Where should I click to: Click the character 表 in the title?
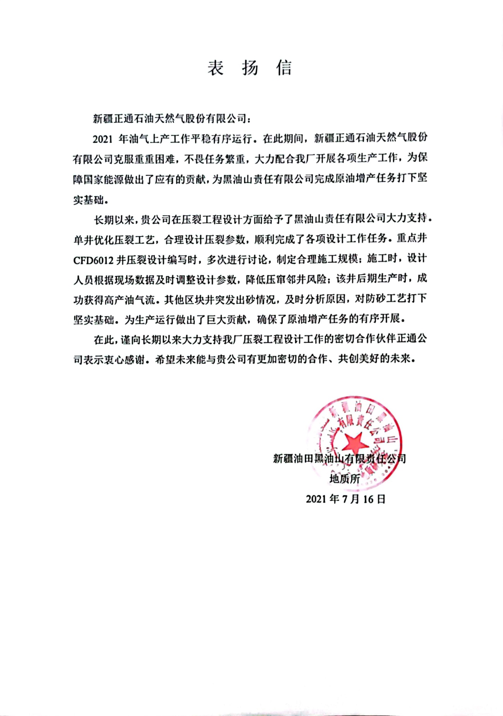[x=216, y=68]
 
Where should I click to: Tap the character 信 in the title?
[x=284, y=68]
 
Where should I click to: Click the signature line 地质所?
[x=344, y=479]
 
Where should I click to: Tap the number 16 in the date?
[x=368, y=499]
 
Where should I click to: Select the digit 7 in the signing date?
[x=346, y=499]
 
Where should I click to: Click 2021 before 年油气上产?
[x=103, y=139]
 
